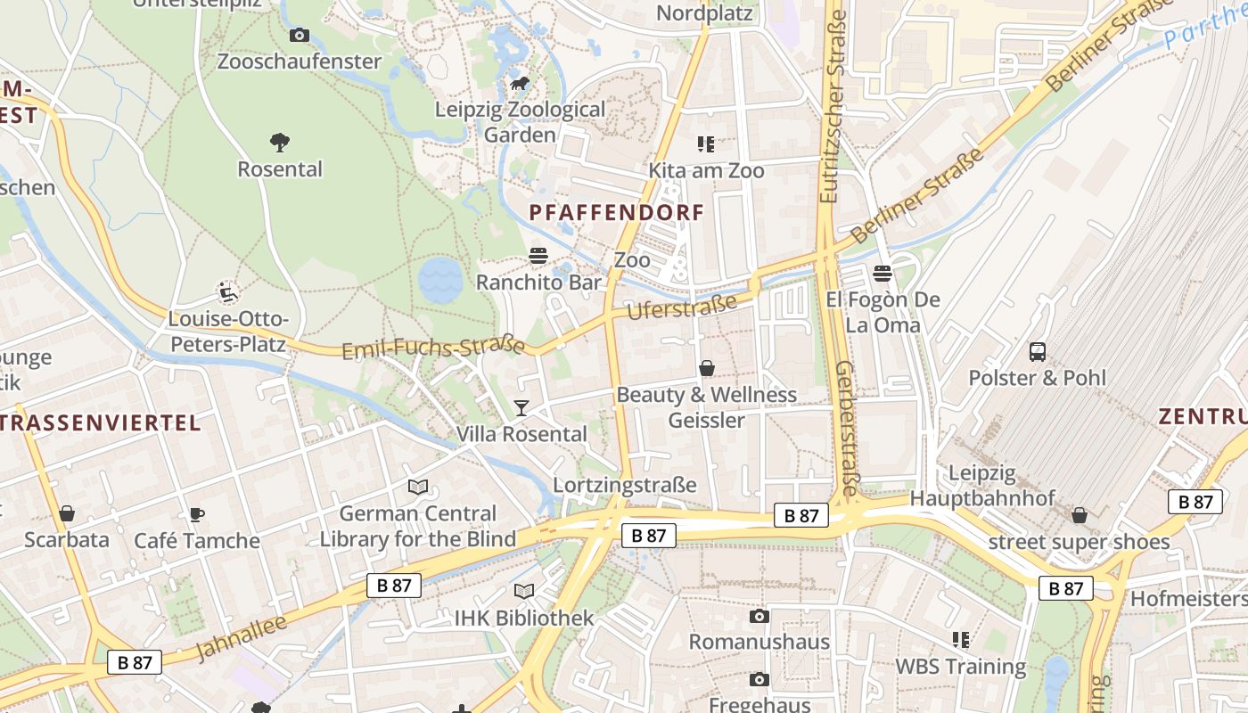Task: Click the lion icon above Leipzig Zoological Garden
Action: (520, 84)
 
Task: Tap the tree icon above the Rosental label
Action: (280, 142)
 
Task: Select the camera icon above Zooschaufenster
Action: (300, 35)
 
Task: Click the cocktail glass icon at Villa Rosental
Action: (521, 407)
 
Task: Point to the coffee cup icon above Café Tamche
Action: (197, 514)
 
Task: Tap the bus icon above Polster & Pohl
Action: (1038, 351)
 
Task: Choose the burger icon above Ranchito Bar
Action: (538, 256)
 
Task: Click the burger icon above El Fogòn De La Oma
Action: (883, 273)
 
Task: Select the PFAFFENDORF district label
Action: (617, 213)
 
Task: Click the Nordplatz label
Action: (704, 13)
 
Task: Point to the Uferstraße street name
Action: (683, 307)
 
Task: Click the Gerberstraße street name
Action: (848, 428)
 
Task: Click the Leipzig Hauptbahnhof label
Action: (982, 486)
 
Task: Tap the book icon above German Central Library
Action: (418, 487)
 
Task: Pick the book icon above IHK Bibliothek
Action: (524, 591)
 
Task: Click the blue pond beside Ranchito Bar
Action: (440, 280)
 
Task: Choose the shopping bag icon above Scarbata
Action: (67, 513)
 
